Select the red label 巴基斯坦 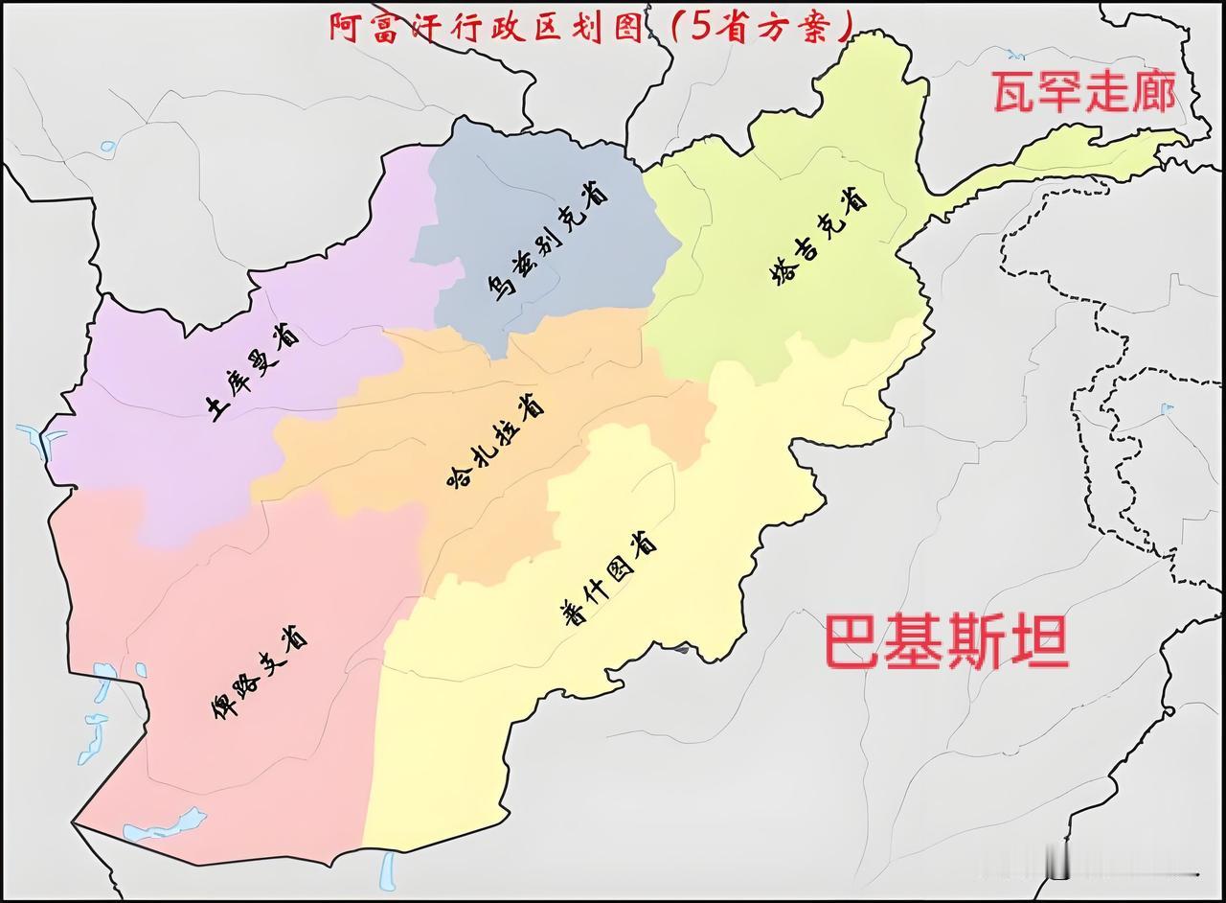click(946, 642)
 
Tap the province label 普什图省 click(608, 580)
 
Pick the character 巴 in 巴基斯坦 click(853, 642)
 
